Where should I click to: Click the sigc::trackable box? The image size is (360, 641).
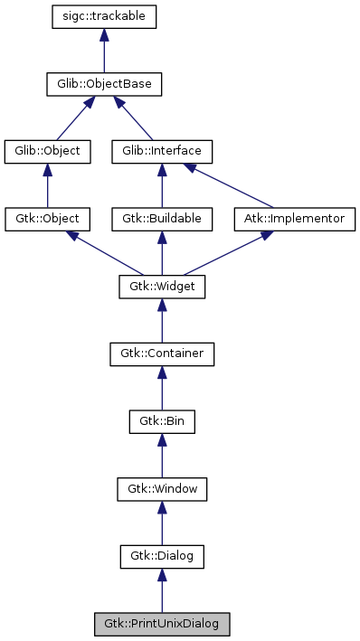105,17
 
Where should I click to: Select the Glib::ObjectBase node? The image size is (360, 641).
105,85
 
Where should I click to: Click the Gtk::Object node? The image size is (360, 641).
47,220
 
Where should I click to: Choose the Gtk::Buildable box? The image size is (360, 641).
162,220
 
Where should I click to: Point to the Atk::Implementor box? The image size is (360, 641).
295,220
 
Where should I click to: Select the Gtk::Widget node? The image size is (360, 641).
162,288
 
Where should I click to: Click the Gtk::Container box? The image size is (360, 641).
162,354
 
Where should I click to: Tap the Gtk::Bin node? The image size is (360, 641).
162,422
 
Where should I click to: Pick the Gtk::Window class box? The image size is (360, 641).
162,490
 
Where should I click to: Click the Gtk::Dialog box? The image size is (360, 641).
162,557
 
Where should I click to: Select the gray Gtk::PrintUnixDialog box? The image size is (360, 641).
162,625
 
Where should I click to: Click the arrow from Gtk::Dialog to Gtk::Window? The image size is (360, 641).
162,524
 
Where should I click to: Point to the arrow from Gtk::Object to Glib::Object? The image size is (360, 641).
47,186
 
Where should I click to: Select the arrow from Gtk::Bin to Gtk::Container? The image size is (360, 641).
162,389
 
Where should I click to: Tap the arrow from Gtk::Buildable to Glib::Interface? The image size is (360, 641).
162,186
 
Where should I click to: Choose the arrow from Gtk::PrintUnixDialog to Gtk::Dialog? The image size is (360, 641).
162,591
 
